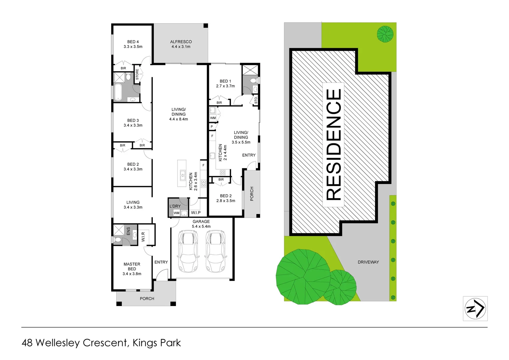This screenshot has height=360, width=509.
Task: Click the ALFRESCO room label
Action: pyautogui.click(x=181, y=44)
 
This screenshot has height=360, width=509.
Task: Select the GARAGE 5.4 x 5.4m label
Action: pyautogui.click(x=201, y=224)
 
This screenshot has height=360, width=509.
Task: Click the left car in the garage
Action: pyautogui.click(x=188, y=251)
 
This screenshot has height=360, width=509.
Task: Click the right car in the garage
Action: pyautogui.click(x=215, y=251)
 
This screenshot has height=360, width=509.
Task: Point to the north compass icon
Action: pyautogui.click(x=475, y=309)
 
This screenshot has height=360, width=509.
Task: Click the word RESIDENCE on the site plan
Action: pyautogui.click(x=334, y=144)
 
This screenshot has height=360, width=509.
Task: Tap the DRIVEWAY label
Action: pyautogui.click(x=368, y=262)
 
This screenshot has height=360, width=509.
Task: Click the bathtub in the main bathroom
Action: pyautogui.click(x=118, y=92)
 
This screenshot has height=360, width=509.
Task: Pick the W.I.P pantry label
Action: pyautogui.click(x=196, y=213)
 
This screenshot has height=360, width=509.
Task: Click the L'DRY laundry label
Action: pyautogui.click(x=175, y=206)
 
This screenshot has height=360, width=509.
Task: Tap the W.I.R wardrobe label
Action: pyautogui.click(x=143, y=237)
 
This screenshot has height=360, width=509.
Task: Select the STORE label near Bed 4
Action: pyautogui.click(x=137, y=74)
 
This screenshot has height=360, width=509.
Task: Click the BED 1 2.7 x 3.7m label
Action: pyautogui.click(x=225, y=83)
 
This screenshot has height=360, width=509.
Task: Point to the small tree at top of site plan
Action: pyautogui.click(x=385, y=34)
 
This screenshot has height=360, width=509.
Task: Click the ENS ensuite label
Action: pyautogui.click(x=128, y=231)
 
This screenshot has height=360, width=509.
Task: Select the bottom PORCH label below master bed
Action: pyautogui.click(x=147, y=299)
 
